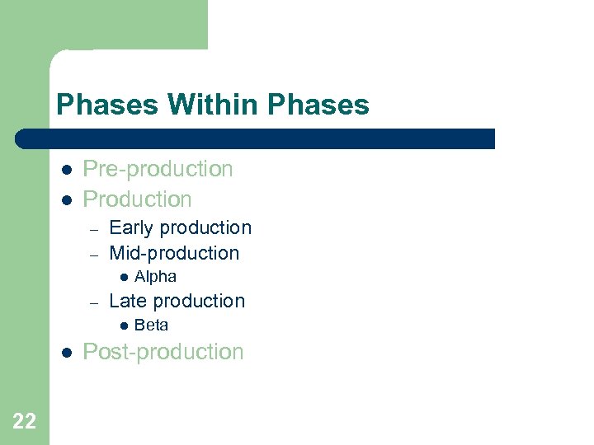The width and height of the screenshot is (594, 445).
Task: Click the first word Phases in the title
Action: pos(108,105)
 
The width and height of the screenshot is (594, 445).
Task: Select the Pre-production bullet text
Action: pos(158,169)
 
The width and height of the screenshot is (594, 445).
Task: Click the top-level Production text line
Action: pos(137,199)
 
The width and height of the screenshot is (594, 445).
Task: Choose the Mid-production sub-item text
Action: pos(174,253)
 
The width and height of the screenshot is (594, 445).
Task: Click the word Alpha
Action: pos(155,277)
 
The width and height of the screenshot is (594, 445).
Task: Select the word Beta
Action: pos(151,326)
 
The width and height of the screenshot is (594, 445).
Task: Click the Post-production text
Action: pos(163,352)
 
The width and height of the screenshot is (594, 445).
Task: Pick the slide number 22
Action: pos(25,422)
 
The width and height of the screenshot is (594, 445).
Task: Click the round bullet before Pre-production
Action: pos(65,170)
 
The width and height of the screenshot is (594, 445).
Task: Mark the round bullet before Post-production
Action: pos(65,353)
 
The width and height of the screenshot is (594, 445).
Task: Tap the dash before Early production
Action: pos(95,229)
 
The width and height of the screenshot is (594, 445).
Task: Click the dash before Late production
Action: pos(95,302)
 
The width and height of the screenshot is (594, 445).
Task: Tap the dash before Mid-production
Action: pos(95,255)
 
